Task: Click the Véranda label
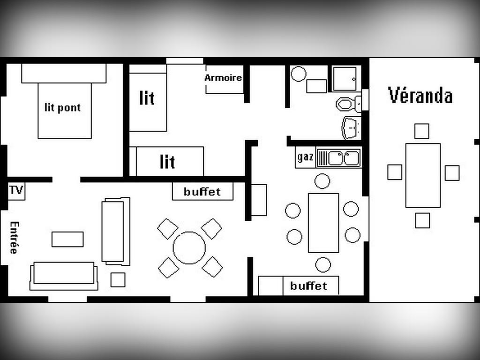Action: pos(420,95)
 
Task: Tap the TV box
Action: pos(16,191)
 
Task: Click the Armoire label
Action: pos(223,78)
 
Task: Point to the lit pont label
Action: pos(63,107)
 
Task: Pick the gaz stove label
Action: pos(305,157)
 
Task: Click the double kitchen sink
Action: pos(339,157)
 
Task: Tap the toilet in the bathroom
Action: pos(349,104)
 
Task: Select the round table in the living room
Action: pos(189,247)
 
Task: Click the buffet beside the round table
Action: pos(202,191)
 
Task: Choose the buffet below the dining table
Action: pos(299,285)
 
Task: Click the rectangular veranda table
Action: pos(423,175)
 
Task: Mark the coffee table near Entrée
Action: pos(67,239)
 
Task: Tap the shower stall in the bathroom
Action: pos(345,79)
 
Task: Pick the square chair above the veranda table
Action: pos(421,131)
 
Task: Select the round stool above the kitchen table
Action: pos(322,181)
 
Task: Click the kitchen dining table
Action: pos(323,223)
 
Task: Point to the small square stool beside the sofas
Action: pos(118,280)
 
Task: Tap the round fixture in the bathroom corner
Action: pos(298,74)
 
